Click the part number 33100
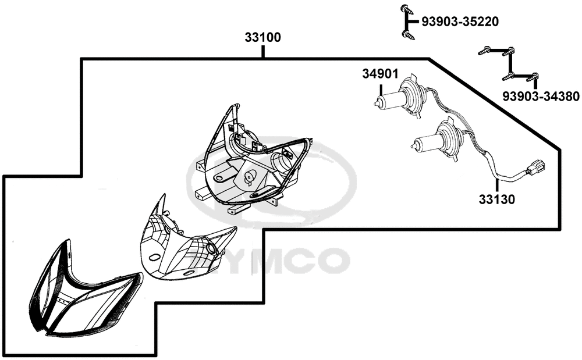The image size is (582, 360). pyautogui.click(x=263, y=37)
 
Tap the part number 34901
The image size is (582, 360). pyautogui.click(x=380, y=74)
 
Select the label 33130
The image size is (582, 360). pyautogui.click(x=496, y=199)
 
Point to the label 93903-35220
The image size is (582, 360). pyautogui.click(x=460, y=22)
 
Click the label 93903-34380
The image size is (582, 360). pyautogui.click(x=541, y=97)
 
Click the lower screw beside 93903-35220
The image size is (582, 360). pyautogui.click(x=408, y=35)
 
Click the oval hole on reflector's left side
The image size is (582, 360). pyautogui.click(x=153, y=256)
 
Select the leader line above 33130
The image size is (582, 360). pyautogui.click(x=496, y=186)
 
